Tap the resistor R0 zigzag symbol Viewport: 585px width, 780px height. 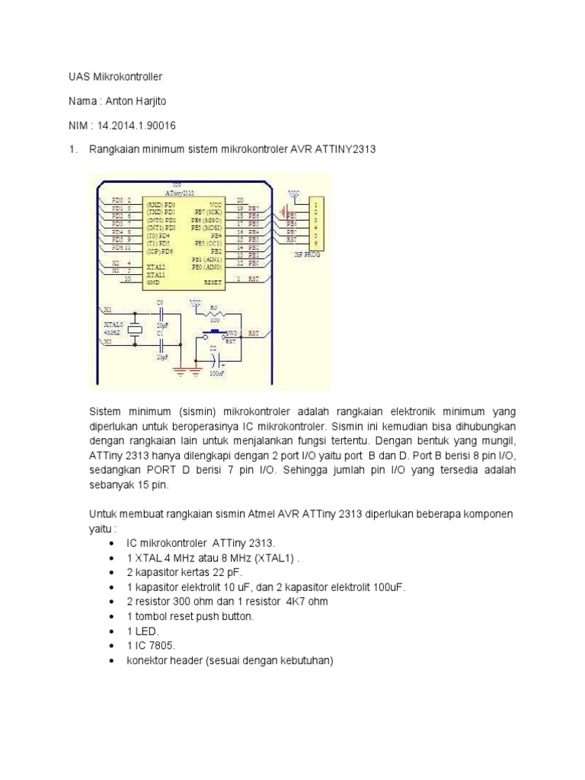tap(214, 315)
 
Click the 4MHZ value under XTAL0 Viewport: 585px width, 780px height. tap(111, 333)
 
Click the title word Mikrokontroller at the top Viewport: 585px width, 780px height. tap(121, 77)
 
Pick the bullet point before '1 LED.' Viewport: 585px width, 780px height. tap(112, 631)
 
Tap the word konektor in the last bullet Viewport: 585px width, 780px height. tap(149, 660)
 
